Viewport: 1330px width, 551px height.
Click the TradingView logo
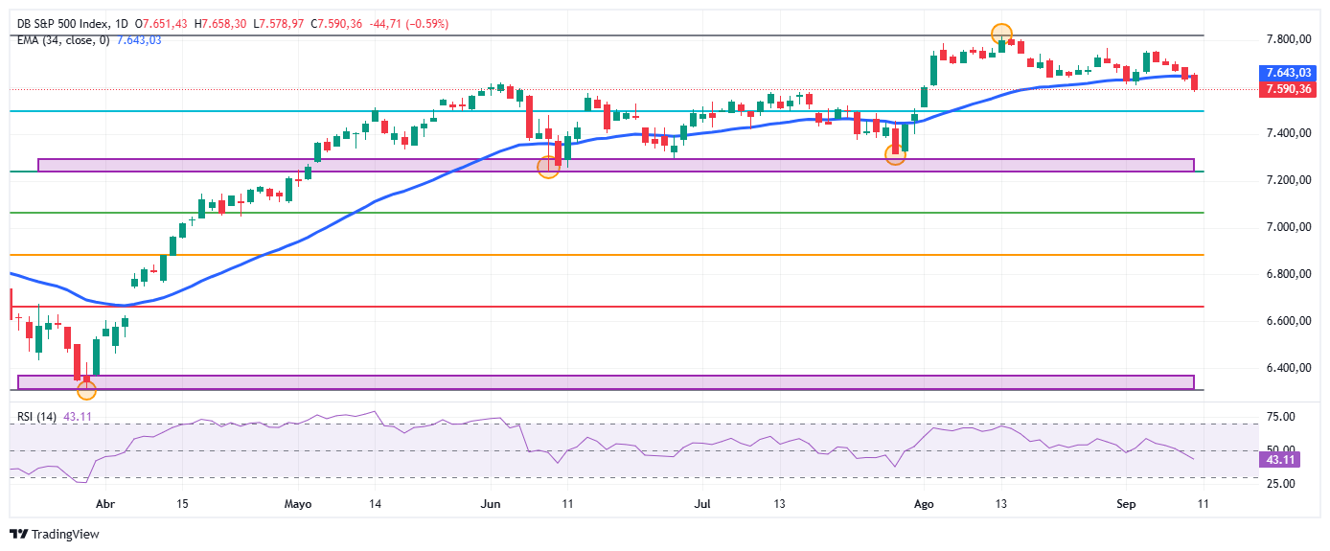point(55,535)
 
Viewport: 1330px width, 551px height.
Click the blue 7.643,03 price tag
point(1288,73)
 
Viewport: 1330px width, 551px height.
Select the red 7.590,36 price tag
point(1288,90)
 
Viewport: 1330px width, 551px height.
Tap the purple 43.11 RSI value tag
point(1279,460)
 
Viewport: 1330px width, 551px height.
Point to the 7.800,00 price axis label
point(1289,40)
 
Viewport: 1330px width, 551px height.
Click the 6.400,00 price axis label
point(1289,368)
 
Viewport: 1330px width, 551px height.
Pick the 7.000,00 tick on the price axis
point(1289,227)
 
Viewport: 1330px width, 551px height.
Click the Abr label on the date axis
point(105,504)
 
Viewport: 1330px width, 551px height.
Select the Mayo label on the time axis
point(297,504)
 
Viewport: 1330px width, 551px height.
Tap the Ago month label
point(924,504)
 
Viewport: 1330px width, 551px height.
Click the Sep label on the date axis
point(1126,504)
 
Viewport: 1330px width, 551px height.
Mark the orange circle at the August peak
point(1001,34)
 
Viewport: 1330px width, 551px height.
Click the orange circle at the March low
point(86,390)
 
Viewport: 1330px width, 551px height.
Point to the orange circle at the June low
point(548,168)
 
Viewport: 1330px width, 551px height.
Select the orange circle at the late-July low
point(895,155)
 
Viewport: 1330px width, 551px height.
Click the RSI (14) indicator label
point(36,417)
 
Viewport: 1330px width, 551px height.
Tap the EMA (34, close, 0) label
point(63,40)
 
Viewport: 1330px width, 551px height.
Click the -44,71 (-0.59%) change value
point(408,24)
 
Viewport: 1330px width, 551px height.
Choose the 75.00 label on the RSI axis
point(1281,417)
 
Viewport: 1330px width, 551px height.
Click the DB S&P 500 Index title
point(63,24)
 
